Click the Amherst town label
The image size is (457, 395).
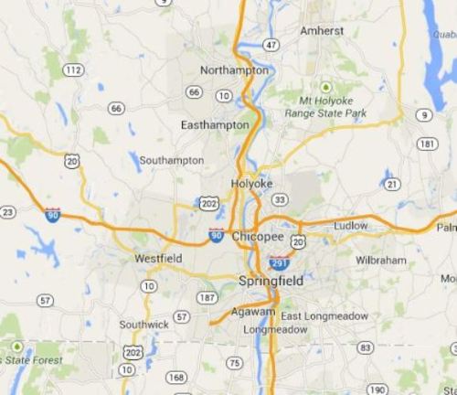point(322,30)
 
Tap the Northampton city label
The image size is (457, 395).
point(234,70)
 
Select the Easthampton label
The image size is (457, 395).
point(215,124)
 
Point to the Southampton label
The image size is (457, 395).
point(172,160)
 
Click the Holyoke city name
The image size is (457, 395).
point(252,182)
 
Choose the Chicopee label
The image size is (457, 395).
point(257,236)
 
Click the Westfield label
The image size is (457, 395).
point(158,259)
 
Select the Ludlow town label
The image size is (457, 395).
point(350,225)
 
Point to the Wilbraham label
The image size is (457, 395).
point(380,261)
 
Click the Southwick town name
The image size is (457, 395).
point(144,325)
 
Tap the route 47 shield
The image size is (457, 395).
point(270,44)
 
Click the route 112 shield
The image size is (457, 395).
point(73,70)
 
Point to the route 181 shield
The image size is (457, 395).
point(426,144)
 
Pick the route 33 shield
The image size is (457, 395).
point(280,200)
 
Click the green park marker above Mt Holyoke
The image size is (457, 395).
point(325,87)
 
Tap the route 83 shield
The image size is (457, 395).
point(366,347)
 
